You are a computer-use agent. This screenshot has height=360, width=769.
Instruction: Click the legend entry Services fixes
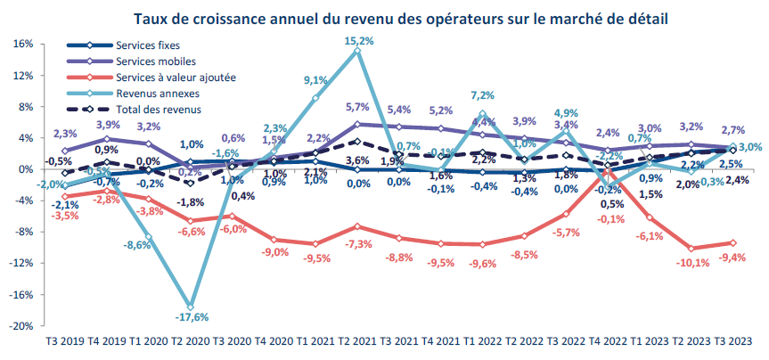(x=147, y=45)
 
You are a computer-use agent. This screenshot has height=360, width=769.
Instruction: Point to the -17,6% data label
(x=192, y=317)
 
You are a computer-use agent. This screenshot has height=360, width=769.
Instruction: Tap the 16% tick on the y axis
(x=23, y=44)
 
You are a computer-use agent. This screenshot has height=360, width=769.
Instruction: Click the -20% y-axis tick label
(x=21, y=325)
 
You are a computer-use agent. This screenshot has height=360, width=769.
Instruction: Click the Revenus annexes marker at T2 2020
(x=191, y=307)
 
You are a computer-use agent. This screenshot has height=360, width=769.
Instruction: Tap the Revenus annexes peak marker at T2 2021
(x=357, y=51)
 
